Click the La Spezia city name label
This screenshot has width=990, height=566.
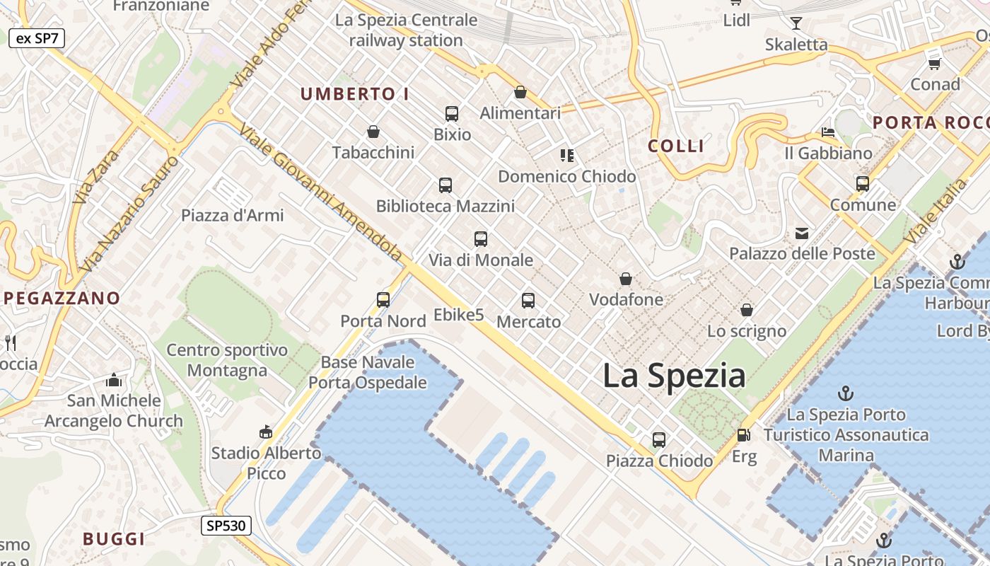click(x=673, y=376)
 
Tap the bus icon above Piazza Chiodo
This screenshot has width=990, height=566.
click(x=659, y=440)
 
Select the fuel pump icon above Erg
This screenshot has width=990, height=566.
click(x=743, y=435)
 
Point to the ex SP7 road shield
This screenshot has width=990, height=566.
click(x=37, y=38)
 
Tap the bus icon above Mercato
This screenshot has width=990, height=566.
click(x=528, y=301)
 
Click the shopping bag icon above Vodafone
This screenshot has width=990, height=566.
click(x=626, y=279)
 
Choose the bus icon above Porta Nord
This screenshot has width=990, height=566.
click(x=383, y=300)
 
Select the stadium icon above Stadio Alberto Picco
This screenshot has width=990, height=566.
click(x=266, y=432)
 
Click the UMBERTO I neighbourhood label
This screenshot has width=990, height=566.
click(x=355, y=94)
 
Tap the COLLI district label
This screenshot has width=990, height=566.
click(x=676, y=146)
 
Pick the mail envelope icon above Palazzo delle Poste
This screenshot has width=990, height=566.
click(x=802, y=233)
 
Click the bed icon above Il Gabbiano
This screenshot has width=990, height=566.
click(x=828, y=132)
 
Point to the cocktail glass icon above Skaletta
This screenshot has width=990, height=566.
click(x=796, y=23)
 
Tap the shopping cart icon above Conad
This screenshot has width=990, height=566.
click(x=934, y=64)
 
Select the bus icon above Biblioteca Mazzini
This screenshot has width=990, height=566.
click(x=445, y=185)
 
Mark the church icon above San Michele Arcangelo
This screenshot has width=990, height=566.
click(x=114, y=381)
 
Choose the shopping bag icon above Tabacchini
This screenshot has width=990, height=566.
click(x=373, y=132)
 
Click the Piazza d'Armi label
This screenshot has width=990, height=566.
click(x=233, y=216)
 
